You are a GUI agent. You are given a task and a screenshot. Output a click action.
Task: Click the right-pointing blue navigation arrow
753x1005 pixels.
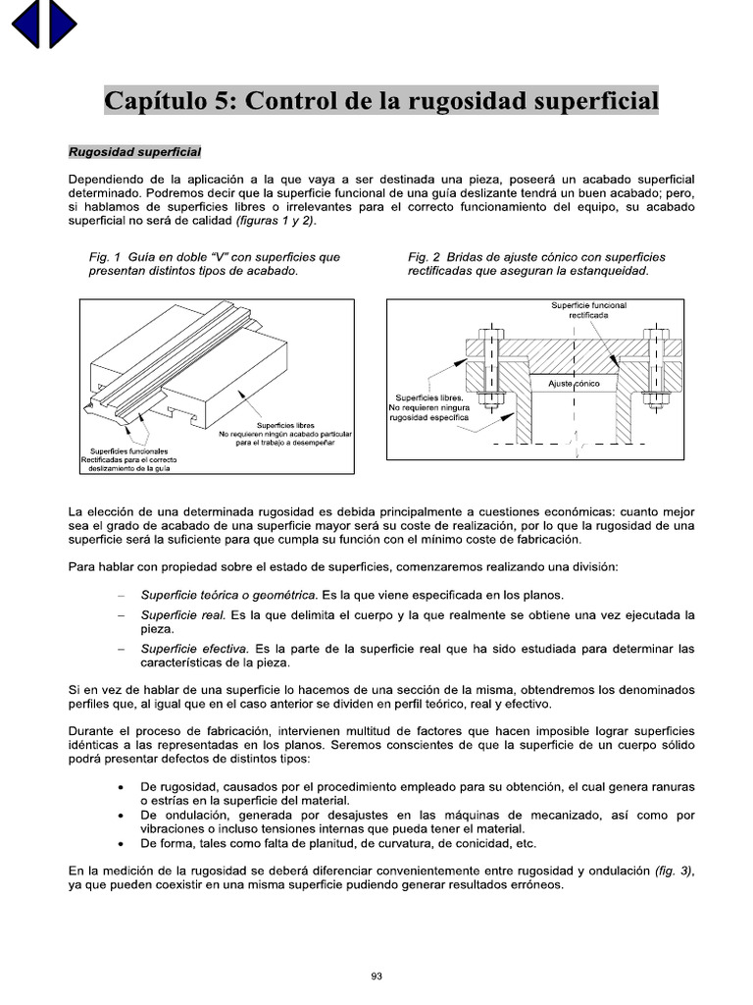tap(62, 25)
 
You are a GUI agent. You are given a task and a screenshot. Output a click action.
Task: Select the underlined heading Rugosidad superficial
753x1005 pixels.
tap(134, 153)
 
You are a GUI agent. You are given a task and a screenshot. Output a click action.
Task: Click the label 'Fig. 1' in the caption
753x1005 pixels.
tap(104, 257)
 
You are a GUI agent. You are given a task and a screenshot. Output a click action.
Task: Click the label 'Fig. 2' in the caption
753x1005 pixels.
tap(424, 257)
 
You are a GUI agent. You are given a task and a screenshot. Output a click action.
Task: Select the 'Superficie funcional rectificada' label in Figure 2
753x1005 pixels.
tap(588, 311)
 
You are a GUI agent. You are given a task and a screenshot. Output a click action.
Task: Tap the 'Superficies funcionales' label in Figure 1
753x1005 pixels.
tap(123, 450)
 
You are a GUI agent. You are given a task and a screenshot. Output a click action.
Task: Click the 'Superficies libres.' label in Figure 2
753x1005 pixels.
tap(427, 397)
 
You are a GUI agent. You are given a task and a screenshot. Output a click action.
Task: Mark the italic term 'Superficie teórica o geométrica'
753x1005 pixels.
tap(228, 595)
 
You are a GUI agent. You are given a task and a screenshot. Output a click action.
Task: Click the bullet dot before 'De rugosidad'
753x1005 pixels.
tap(120, 788)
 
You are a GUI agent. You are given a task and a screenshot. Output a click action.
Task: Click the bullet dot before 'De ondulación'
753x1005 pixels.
tap(120, 816)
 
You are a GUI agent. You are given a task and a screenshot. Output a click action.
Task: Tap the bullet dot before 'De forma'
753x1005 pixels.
tap(120, 843)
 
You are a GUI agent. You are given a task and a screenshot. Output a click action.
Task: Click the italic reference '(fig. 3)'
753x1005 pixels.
tap(675, 871)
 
